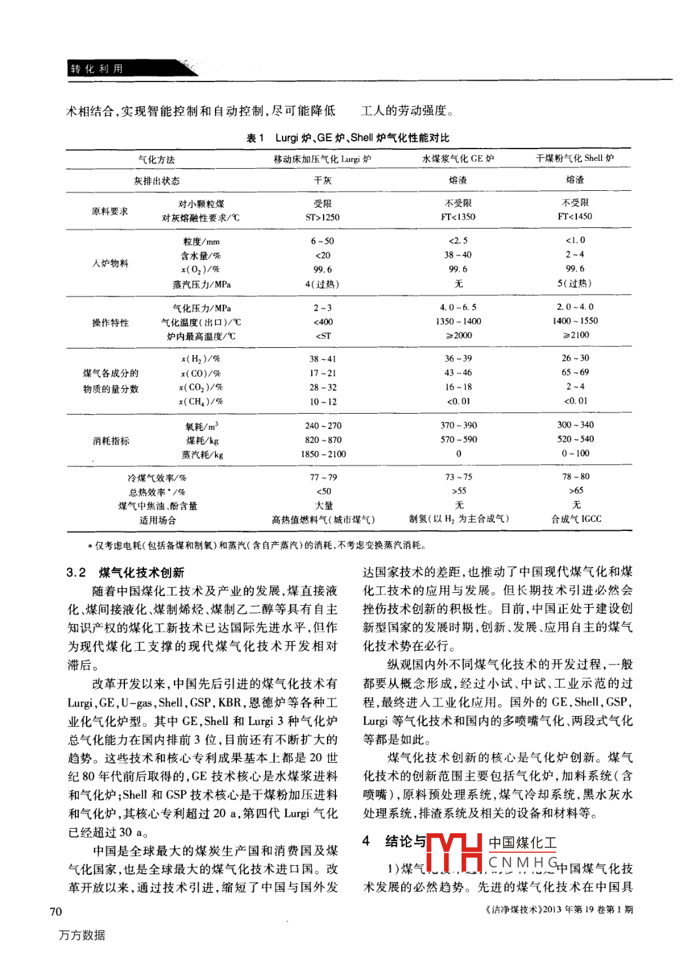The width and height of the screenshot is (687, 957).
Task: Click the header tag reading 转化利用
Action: (96, 68)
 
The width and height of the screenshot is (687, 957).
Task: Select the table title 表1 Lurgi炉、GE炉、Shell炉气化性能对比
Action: (348, 137)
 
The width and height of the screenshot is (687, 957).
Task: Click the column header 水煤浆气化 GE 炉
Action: (458, 158)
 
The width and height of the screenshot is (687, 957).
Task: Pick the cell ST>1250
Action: (322, 218)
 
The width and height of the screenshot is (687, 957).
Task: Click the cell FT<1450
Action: (575, 216)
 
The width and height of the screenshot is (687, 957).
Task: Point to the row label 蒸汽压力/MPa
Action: (201, 285)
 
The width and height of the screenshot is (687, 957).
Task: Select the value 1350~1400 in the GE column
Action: (458, 321)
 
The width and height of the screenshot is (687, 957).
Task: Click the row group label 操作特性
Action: (111, 322)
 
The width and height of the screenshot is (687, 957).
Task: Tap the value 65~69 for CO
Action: (575, 372)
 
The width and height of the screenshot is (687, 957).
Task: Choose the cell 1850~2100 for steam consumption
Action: (323, 454)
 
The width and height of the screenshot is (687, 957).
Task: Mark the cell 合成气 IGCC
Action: (576, 519)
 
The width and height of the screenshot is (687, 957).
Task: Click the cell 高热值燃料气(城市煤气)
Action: (323, 520)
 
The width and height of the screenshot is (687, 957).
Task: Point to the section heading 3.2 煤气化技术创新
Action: (125, 573)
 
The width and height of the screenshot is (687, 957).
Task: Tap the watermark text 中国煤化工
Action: (522, 843)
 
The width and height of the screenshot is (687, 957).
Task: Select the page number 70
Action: (56, 911)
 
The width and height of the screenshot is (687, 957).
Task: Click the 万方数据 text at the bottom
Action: (82, 935)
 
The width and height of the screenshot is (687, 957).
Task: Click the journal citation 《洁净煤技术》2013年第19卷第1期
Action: (559, 909)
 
